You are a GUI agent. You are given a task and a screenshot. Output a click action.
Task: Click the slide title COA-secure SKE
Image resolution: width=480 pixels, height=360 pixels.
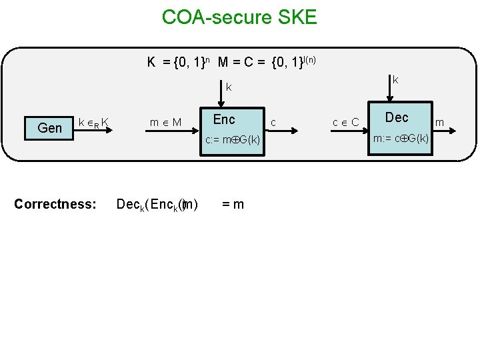click(239, 17)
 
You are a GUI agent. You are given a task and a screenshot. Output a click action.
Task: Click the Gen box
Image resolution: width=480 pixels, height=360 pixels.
click(50, 127)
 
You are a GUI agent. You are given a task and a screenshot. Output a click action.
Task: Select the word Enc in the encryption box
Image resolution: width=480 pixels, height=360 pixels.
click(224, 120)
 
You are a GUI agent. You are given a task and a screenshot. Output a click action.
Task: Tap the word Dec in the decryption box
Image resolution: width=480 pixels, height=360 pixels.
click(397, 118)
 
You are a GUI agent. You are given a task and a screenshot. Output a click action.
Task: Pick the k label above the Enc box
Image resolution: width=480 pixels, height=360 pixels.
click(229, 87)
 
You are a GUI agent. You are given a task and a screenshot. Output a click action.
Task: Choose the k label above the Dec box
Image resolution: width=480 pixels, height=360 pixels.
click(395, 80)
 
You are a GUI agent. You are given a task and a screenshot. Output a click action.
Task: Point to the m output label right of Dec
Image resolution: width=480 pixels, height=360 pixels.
click(439, 122)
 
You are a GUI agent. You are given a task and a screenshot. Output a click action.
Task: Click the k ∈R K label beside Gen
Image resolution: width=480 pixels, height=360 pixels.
click(94, 122)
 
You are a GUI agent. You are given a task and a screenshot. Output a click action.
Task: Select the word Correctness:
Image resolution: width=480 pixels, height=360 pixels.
click(55, 203)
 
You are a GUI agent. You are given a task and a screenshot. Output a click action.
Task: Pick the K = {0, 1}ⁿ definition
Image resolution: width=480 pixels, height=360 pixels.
click(179, 63)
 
